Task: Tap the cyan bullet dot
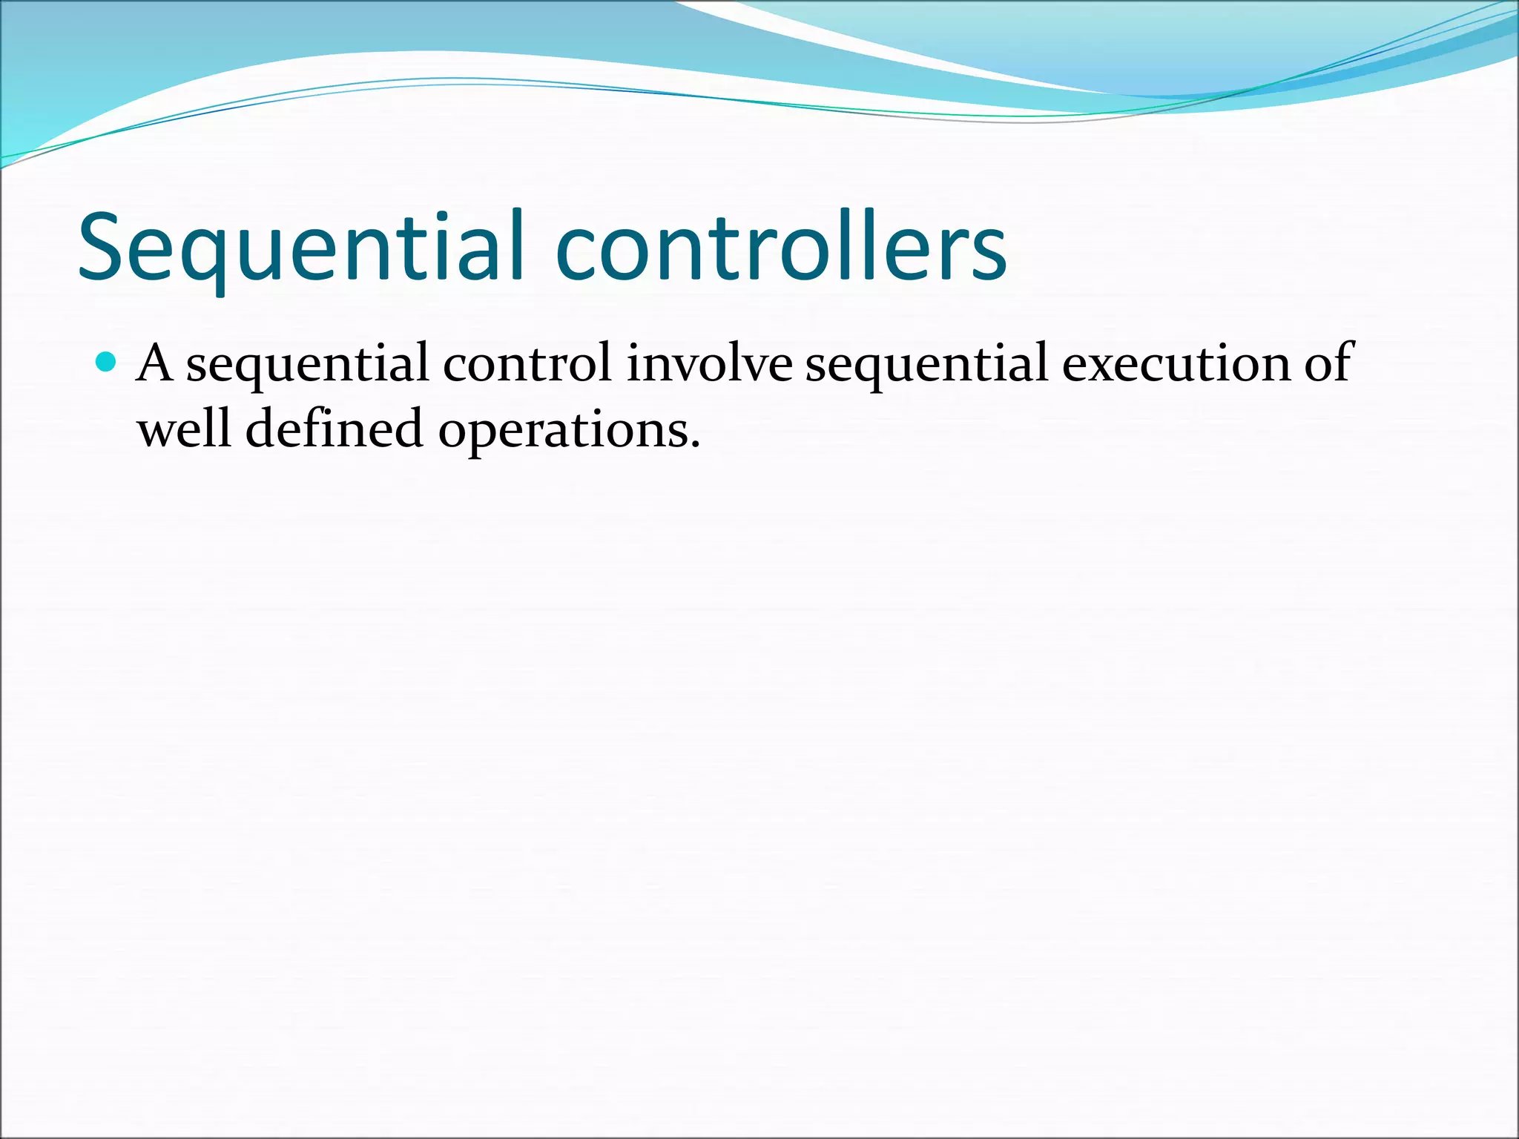tap(107, 363)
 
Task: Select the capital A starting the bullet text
tap(155, 363)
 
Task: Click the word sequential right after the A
tap(307, 365)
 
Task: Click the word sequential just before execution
tap(927, 365)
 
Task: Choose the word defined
tap(334, 429)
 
